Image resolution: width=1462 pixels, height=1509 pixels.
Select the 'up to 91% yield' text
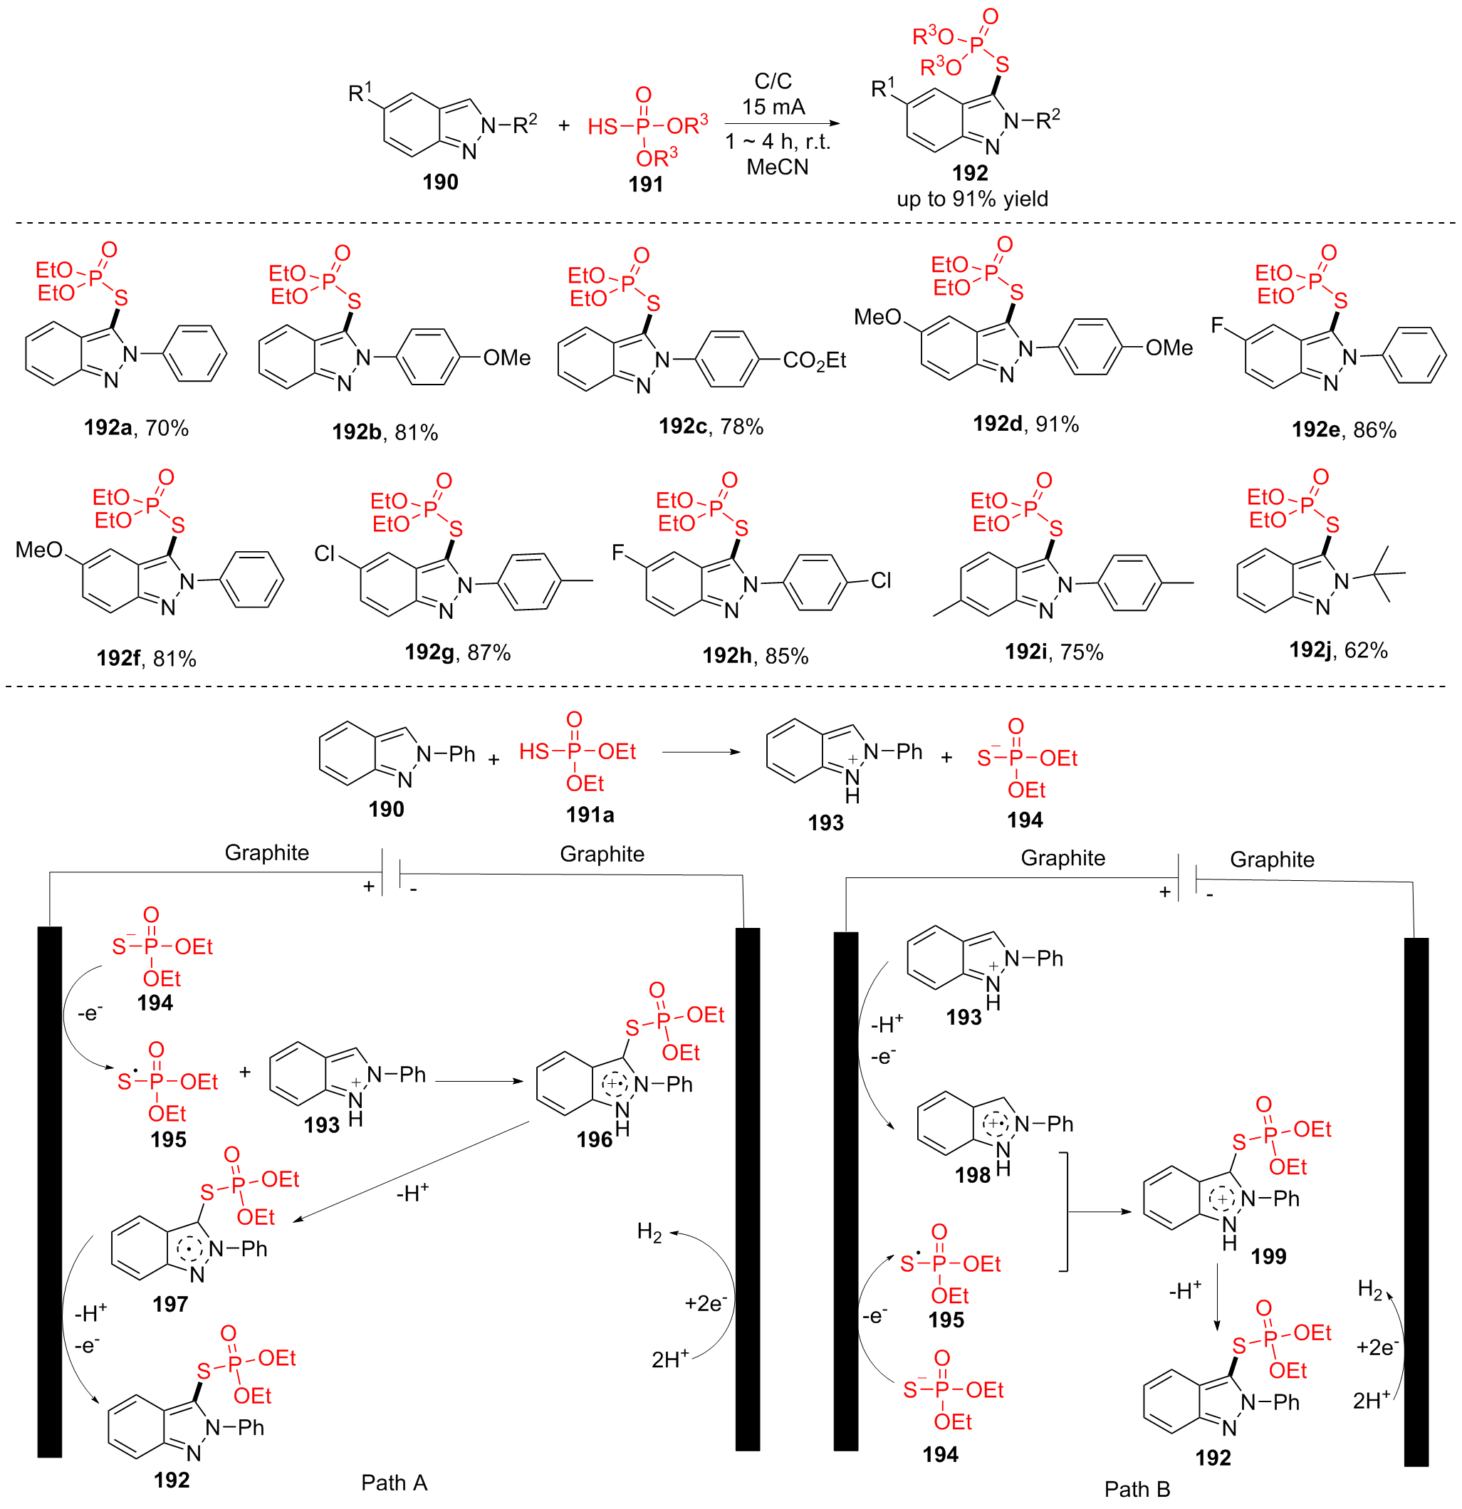971,199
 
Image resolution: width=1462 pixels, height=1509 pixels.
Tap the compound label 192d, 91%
1025,424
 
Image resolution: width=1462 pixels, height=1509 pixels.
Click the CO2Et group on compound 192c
814,360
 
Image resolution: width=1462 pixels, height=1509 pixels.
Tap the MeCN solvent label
777,167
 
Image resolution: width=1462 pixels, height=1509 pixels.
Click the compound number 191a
590,815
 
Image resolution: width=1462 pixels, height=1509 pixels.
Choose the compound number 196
594,1139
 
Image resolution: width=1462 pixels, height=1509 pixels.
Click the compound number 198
972,1175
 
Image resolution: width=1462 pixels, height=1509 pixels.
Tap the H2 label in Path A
649,1233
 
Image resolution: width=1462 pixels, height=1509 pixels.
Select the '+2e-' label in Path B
1377,1347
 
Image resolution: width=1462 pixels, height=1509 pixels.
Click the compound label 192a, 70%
136,427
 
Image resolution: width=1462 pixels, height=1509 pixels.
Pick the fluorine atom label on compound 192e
1216,325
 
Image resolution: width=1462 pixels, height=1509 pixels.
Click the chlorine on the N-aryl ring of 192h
881,580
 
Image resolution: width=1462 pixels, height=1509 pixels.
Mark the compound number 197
170,1304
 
